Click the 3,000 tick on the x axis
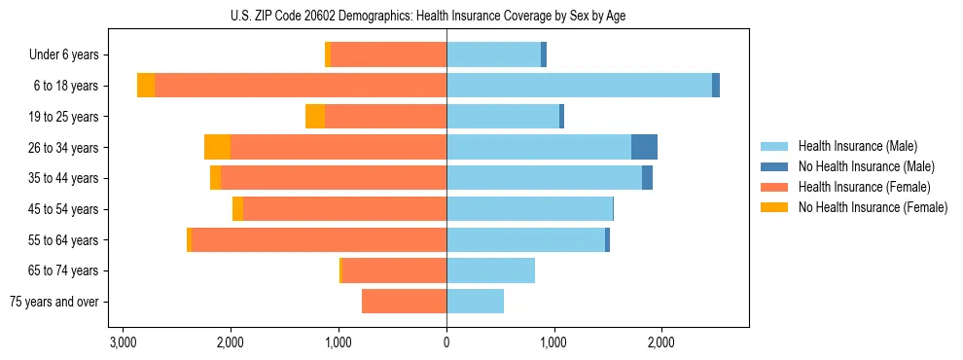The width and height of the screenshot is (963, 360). [x=123, y=342]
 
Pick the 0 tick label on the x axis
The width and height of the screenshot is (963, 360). [x=446, y=342]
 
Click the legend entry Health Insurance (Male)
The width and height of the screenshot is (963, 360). [x=855, y=146]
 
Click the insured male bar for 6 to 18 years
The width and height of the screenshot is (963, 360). [x=579, y=86]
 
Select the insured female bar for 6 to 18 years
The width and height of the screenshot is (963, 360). [x=301, y=86]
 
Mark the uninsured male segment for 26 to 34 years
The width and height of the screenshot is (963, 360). [x=644, y=148]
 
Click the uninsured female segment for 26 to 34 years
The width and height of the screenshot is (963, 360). [x=217, y=148]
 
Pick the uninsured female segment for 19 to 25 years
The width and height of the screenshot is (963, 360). [x=315, y=117]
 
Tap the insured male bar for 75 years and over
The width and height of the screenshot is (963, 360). [x=475, y=302]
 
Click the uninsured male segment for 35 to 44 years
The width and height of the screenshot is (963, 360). [x=647, y=178]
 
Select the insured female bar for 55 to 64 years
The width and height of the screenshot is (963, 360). [x=319, y=240]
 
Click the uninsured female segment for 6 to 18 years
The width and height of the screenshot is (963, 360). [x=146, y=86]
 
